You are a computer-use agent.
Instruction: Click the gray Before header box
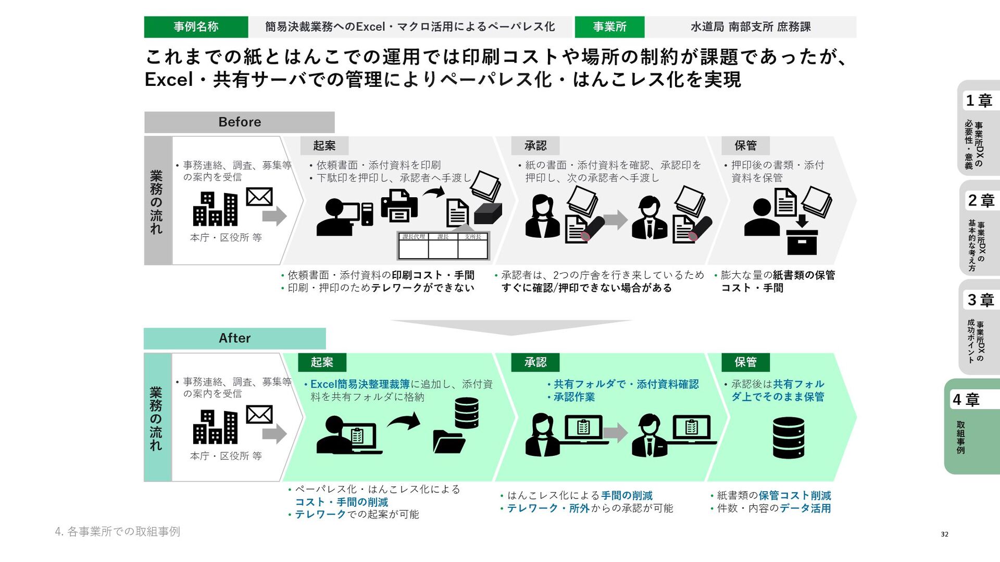coord(239,122)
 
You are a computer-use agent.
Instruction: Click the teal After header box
coord(234,338)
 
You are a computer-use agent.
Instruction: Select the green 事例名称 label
coord(196,27)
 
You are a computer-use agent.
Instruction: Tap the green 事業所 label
coord(609,27)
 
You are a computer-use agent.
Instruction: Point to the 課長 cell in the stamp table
coord(443,237)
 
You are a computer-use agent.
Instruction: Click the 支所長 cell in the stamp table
coord(473,237)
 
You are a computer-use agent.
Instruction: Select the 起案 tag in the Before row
coord(324,146)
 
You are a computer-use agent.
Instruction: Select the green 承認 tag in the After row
coord(535,362)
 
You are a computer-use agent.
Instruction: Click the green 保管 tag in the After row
coord(745,362)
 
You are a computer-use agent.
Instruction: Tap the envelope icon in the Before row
coord(259,197)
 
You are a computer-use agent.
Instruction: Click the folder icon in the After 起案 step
coord(448,442)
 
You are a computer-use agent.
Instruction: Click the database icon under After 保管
coord(789,438)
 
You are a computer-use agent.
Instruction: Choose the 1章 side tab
coord(979,100)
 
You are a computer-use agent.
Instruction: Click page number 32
coord(944,534)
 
